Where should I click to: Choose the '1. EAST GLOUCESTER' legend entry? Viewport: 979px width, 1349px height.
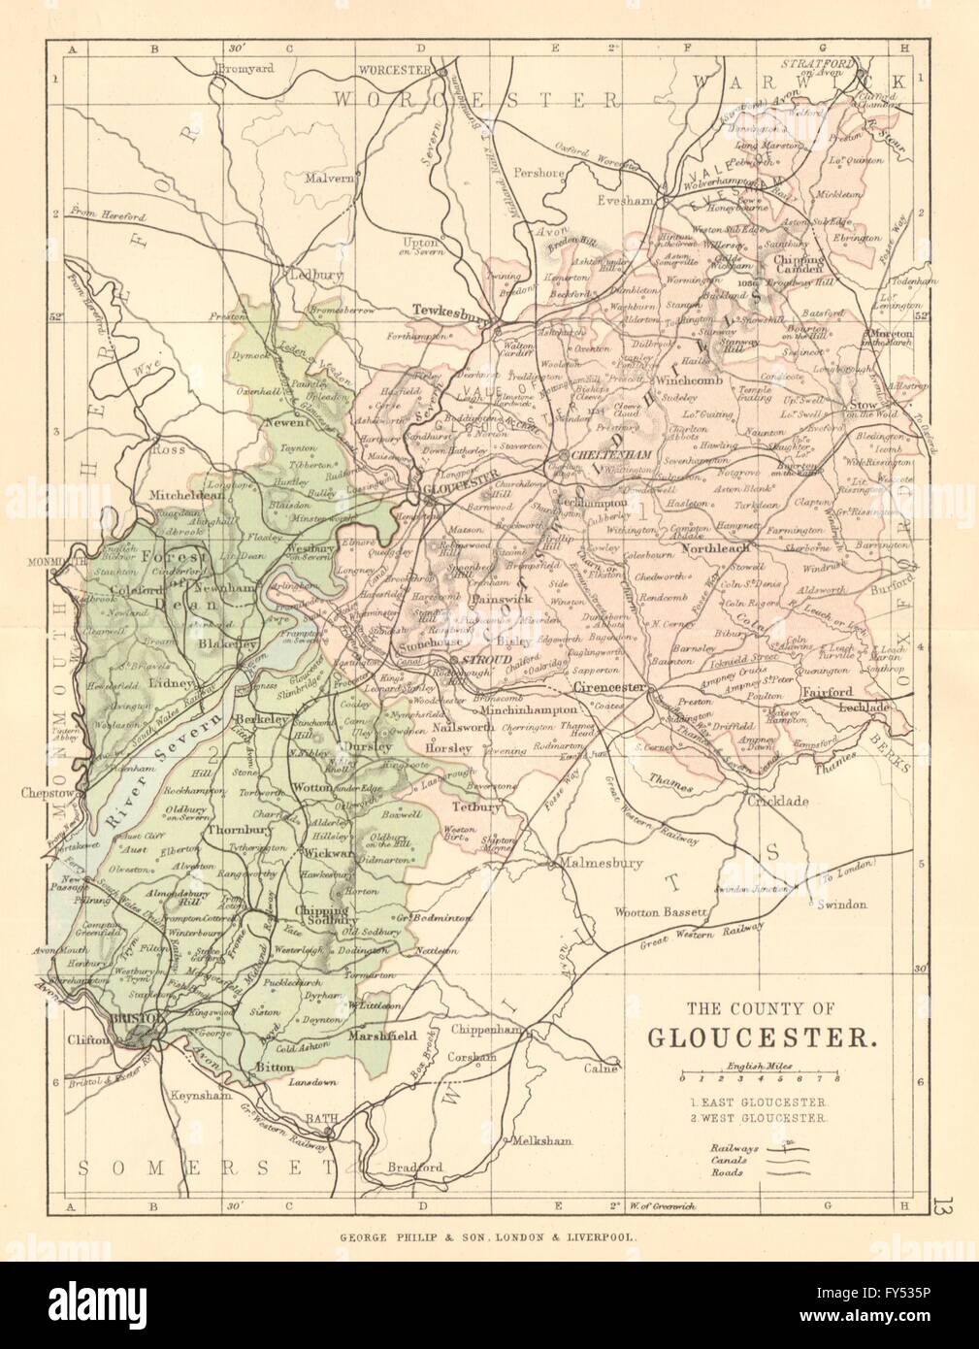coord(759,1102)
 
